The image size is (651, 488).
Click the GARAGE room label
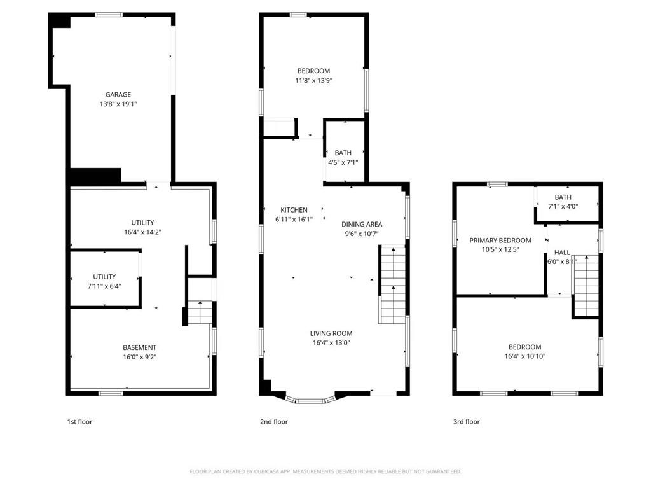click(x=118, y=95)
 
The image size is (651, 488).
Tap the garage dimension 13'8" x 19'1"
click(x=118, y=104)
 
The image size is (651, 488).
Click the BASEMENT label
click(x=139, y=347)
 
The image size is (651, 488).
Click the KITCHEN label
click(x=294, y=210)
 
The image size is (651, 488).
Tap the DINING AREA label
click(x=362, y=224)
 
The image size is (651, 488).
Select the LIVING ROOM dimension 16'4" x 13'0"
click(x=331, y=343)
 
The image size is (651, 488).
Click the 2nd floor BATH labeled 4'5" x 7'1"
click(x=343, y=157)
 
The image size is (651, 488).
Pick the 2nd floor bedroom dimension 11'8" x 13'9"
click(x=313, y=80)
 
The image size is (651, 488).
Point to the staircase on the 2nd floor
click(x=394, y=286)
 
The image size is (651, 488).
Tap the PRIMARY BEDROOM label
click(x=500, y=240)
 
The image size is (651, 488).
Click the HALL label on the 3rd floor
click(x=562, y=253)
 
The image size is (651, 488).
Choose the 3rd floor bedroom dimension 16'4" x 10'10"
click(x=524, y=356)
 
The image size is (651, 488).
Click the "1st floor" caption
click(x=79, y=422)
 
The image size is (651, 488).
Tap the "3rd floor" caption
click(x=466, y=422)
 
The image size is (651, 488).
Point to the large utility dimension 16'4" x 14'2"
click(x=142, y=232)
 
